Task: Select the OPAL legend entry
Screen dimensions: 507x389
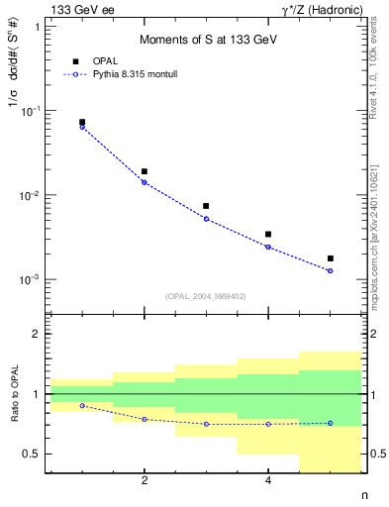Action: click(x=99, y=61)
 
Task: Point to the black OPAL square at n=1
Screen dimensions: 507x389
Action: click(x=82, y=122)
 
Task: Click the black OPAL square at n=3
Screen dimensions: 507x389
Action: click(x=206, y=206)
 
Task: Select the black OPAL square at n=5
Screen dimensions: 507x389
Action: click(x=330, y=258)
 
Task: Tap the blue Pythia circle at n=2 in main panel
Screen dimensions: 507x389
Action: click(x=145, y=182)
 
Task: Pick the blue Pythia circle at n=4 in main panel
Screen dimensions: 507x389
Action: click(x=268, y=247)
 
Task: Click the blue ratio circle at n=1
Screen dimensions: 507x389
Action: click(x=82, y=406)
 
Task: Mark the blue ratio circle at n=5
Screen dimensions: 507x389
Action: click(x=330, y=423)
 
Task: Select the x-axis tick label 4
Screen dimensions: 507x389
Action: click(x=268, y=481)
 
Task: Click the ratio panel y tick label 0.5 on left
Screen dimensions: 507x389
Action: click(x=35, y=455)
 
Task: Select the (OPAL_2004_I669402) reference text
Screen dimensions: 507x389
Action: click(x=205, y=295)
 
